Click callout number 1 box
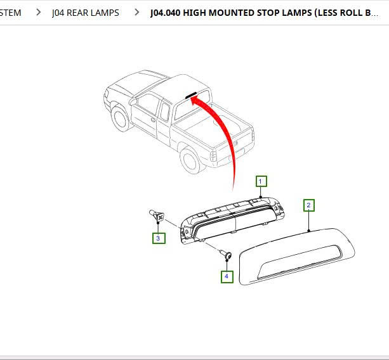(261, 181)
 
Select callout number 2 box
(308, 205)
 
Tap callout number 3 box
(158, 238)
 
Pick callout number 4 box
(227, 276)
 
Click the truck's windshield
(143, 85)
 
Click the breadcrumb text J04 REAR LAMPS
(85, 13)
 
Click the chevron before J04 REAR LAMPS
(39, 13)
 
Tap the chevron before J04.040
(136, 13)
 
